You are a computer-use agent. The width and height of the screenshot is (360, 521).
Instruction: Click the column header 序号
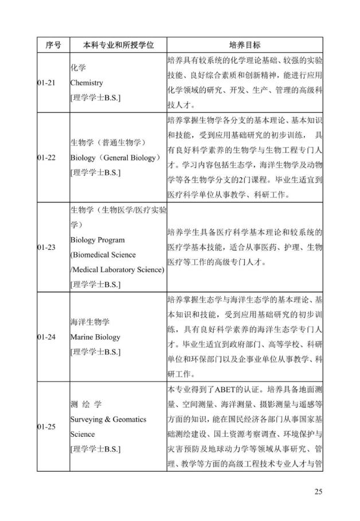click(x=53, y=44)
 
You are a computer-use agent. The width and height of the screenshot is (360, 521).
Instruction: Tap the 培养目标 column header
click(x=244, y=44)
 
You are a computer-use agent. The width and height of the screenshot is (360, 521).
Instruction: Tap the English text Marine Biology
click(x=95, y=337)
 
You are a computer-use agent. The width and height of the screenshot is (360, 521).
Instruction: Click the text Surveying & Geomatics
click(x=108, y=419)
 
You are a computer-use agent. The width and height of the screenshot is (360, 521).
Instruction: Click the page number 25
click(x=319, y=491)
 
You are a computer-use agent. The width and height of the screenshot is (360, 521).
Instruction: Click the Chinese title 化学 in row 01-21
click(x=77, y=68)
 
